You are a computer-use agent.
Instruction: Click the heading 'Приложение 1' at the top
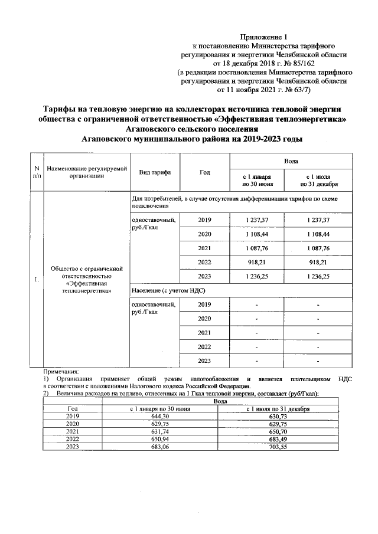(268, 37)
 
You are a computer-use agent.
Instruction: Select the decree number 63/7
(300, 90)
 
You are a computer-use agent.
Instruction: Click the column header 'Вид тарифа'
(155, 172)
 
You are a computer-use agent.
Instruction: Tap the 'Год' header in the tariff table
(205, 172)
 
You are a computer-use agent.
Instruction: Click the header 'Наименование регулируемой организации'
(87, 172)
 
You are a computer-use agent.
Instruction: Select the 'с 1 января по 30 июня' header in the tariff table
(256, 179)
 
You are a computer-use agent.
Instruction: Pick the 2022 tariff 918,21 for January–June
(256, 260)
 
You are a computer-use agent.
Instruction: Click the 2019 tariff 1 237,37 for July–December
(318, 220)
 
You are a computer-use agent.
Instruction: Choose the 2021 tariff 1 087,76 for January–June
(256, 247)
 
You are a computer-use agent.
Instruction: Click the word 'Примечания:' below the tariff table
(61, 372)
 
